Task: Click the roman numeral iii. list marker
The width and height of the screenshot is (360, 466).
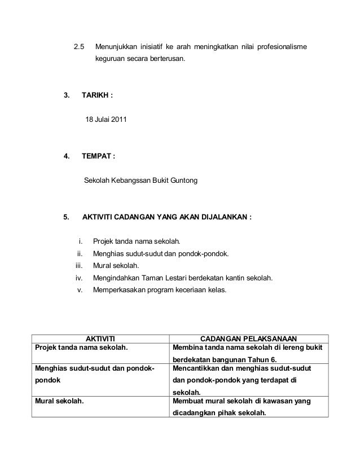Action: (x=79, y=266)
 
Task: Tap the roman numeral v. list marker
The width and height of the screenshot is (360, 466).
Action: (x=80, y=290)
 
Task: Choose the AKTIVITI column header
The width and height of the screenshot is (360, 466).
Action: (x=99, y=338)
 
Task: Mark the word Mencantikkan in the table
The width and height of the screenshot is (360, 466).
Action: (x=198, y=367)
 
